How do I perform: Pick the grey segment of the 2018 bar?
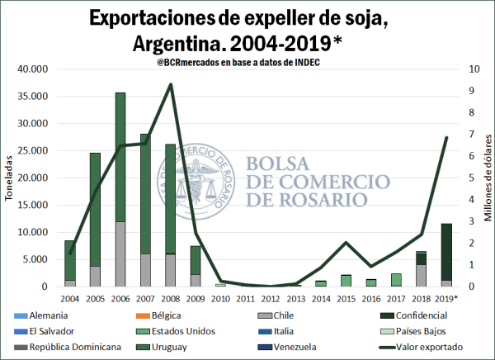(420, 276)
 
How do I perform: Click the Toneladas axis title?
(9, 178)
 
